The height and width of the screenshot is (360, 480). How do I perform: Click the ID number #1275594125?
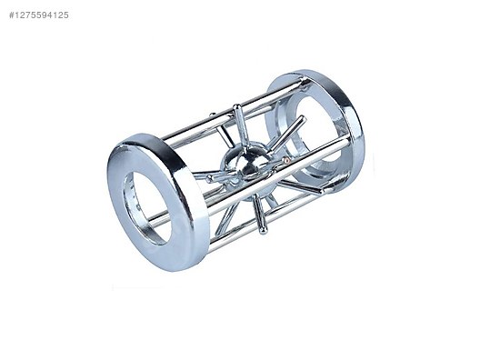(x=39, y=15)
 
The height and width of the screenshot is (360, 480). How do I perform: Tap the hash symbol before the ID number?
(x=12, y=15)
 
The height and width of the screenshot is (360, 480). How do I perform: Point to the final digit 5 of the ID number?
(x=65, y=15)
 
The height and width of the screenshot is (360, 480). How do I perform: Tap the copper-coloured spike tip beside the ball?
(x=286, y=159)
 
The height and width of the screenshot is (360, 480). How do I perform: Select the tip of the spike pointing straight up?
(x=236, y=108)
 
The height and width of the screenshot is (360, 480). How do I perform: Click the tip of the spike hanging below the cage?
(x=263, y=230)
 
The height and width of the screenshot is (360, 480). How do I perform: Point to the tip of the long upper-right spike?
(x=303, y=118)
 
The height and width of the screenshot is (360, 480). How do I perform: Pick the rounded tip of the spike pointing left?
(x=210, y=178)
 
